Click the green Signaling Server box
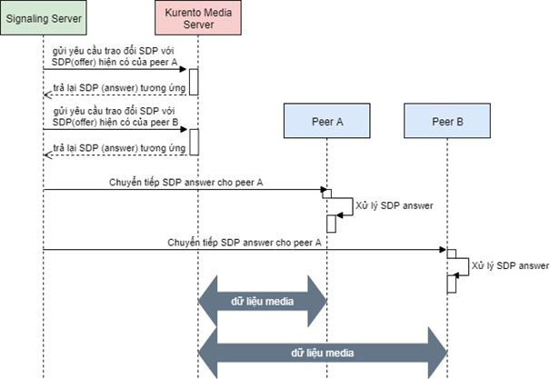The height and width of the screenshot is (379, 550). [42, 17]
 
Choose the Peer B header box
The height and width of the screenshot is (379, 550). [446, 120]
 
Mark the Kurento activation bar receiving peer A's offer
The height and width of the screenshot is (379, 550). [194, 80]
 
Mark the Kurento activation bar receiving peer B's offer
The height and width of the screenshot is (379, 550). [194, 141]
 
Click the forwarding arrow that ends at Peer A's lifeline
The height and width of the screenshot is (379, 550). [182, 190]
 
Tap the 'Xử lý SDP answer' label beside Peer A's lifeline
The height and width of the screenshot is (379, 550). [394, 205]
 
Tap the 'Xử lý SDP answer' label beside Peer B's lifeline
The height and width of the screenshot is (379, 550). [511, 265]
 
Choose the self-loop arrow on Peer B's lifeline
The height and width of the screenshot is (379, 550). [464, 265]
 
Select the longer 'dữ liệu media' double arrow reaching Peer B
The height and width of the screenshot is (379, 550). [323, 350]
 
